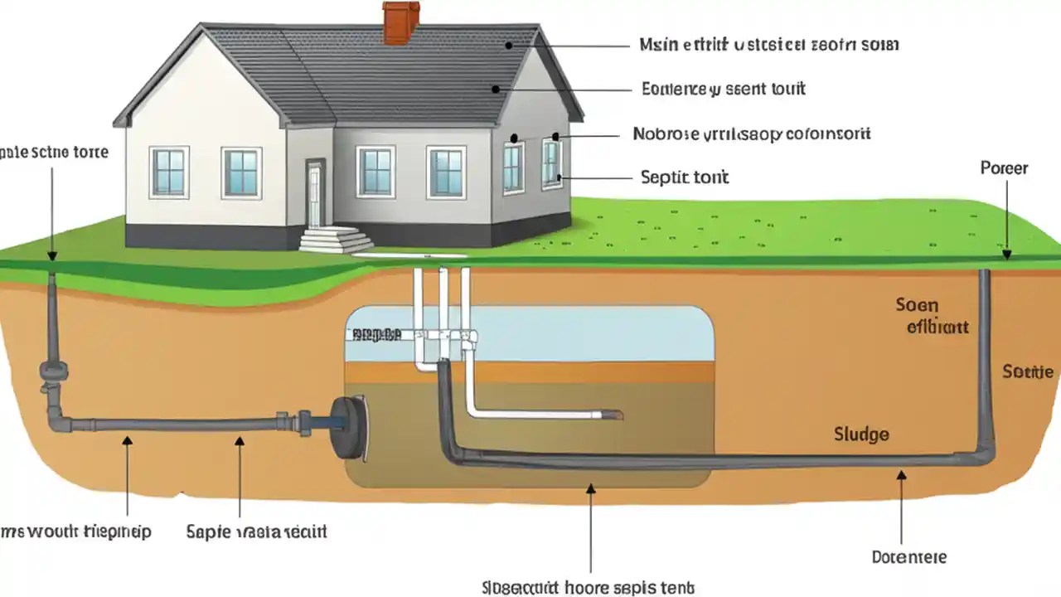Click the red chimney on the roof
click(x=400, y=22)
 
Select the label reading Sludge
click(x=862, y=434)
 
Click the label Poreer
click(x=1004, y=168)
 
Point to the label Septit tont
click(x=685, y=177)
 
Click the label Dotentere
click(x=908, y=557)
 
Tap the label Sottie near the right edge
click(x=1028, y=371)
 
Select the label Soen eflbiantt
click(x=930, y=316)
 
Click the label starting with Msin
click(x=768, y=45)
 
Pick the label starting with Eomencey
click(x=724, y=88)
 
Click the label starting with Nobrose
click(x=751, y=133)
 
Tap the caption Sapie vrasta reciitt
click(x=256, y=531)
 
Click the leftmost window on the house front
click(x=169, y=172)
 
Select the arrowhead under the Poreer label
click(x=1006, y=254)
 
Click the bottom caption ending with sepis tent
click(x=588, y=587)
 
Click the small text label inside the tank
click(x=376, y=334)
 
